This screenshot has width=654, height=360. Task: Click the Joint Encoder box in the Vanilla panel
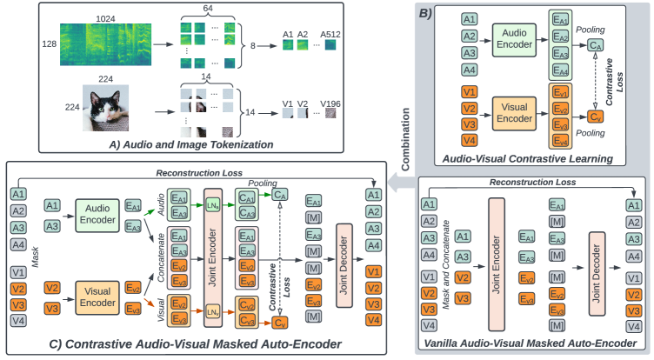(x=497, y=263)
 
